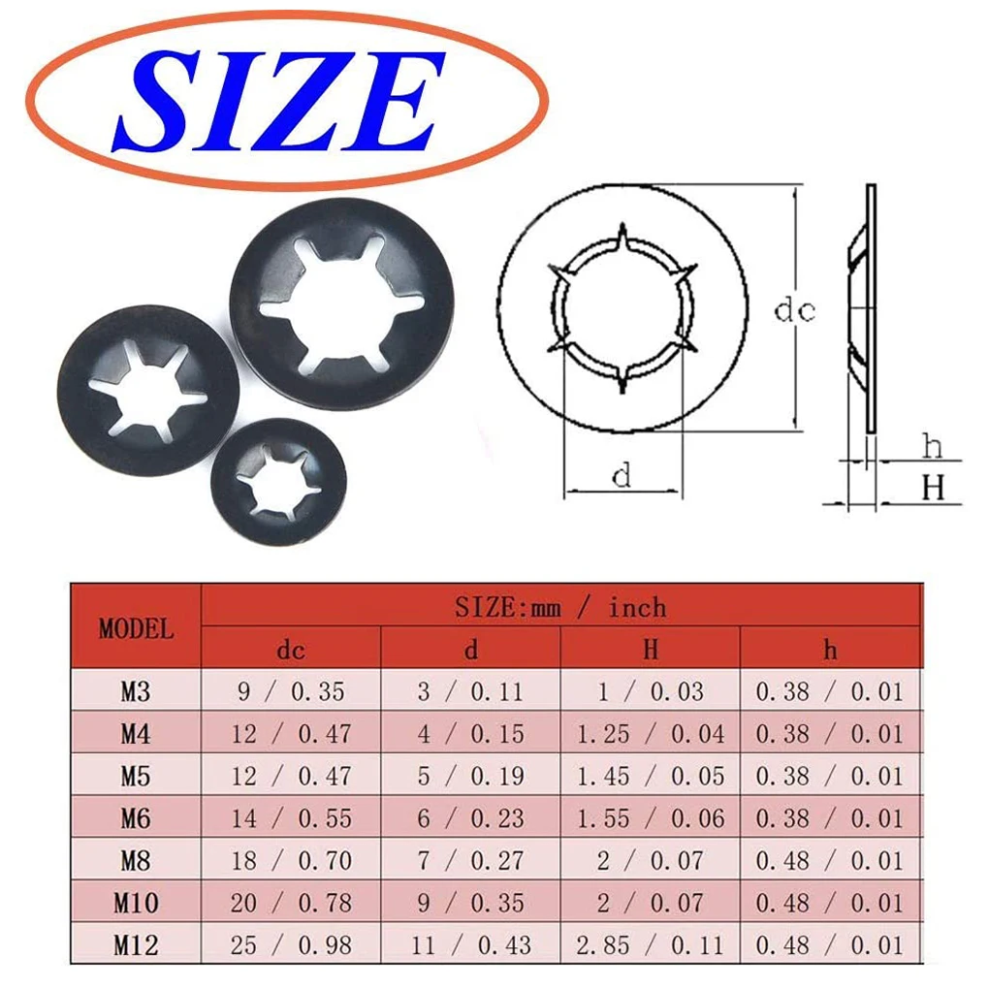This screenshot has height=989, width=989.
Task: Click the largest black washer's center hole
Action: [x=340, y=305]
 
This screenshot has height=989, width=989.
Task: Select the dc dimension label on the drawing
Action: [x=794, y=310]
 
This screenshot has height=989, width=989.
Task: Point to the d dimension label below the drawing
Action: [x=622, y=474]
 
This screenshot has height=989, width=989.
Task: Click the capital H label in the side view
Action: [x=933, y=488]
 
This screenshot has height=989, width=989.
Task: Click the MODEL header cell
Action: [x=136, y=629]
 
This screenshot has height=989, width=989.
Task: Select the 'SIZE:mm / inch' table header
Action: [x=560, y=607]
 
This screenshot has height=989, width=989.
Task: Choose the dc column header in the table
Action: [x=291, y=650]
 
